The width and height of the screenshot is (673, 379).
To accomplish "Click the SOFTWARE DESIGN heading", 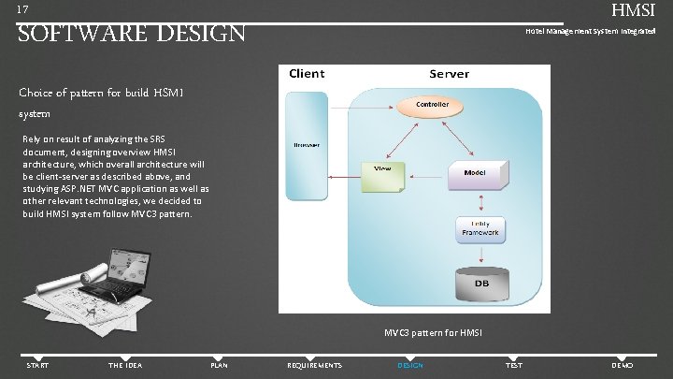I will [x=132, y=34].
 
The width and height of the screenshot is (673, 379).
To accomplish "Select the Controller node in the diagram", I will [x=432, y=104].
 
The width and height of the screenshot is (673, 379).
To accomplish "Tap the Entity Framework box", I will [x=480, y=229].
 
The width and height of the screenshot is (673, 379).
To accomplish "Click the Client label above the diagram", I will [x=307, y=73].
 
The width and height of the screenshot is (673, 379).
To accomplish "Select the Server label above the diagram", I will [x=449, y=73].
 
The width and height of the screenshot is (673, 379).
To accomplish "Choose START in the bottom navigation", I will [x=38, y=365].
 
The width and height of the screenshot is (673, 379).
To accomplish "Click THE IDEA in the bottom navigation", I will [x=125, y=365].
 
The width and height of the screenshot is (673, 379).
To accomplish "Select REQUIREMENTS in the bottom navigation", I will [x=314, y=365].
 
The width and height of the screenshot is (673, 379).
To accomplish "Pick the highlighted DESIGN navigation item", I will [x=410, y=365].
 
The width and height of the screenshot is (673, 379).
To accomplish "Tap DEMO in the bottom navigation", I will [x=622, y=365].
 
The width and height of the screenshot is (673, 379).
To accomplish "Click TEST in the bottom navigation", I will [x=514, y=365].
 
